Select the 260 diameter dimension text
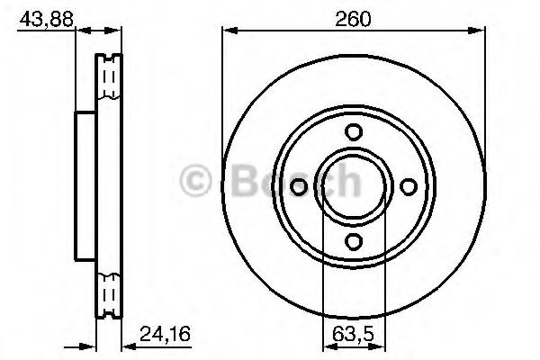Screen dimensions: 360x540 click(x=348, y=15)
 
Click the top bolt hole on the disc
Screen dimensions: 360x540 click(x=354, y=131)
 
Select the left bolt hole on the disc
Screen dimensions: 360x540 click(x=300, y=185)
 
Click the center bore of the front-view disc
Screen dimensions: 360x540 click(x=354, y=185)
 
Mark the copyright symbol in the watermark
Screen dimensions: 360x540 click(x=196, y=181)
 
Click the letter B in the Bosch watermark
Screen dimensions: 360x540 click(x=232, y=181)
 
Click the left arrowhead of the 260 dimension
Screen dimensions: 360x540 click(x=227, y=31)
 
